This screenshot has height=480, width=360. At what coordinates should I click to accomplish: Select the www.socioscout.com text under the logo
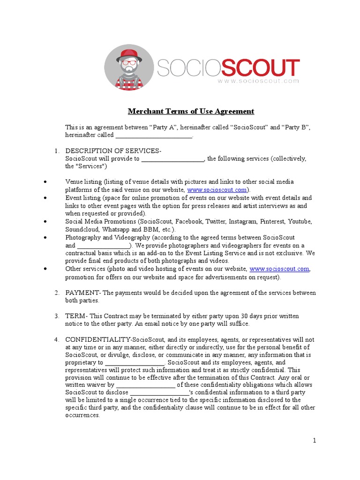(258, 81)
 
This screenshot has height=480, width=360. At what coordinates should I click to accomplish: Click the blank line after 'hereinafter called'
(154, 135)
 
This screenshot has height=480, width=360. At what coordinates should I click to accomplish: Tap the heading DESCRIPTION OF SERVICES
(112, 151)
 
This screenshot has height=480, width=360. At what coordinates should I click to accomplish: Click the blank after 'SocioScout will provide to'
(172, 159)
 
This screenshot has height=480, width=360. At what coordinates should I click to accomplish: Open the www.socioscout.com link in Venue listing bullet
(217, 190)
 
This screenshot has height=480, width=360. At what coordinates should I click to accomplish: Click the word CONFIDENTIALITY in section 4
(98, 339)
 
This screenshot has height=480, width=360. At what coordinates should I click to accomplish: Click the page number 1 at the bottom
(315, 440)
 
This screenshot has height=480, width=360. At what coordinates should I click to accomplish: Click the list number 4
(56, 339)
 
